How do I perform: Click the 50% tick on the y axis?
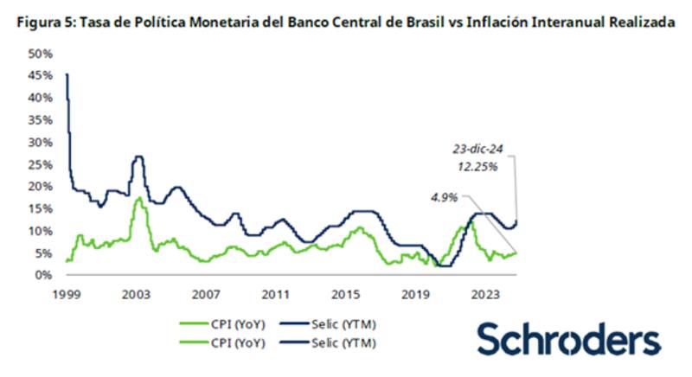pos(42,54)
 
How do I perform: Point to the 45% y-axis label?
pos(42,75)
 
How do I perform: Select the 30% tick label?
pos(42,142)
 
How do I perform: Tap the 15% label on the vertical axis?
pos(42,208)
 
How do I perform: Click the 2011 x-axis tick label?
pos(276,293)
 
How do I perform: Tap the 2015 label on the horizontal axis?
pos(345,293)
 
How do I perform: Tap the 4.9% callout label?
pos(444,196)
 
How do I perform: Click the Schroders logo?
pos(568,340)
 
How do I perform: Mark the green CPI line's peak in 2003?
pos(138,198)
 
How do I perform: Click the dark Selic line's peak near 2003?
pos(138,157)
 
